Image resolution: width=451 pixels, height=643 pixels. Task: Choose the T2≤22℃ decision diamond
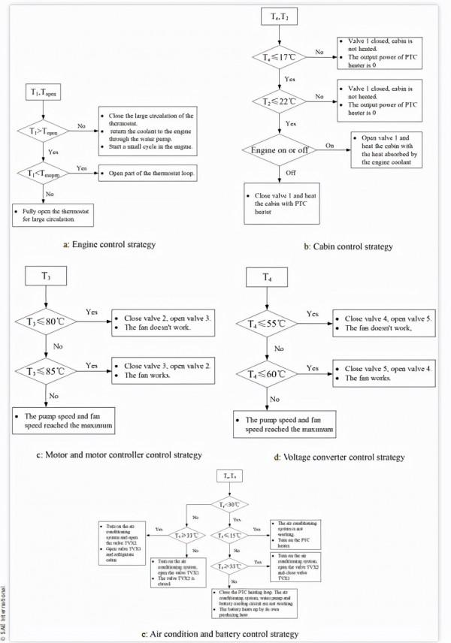(x=282, y=100)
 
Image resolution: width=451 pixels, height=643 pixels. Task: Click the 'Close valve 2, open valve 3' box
(x=159, y=321)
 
